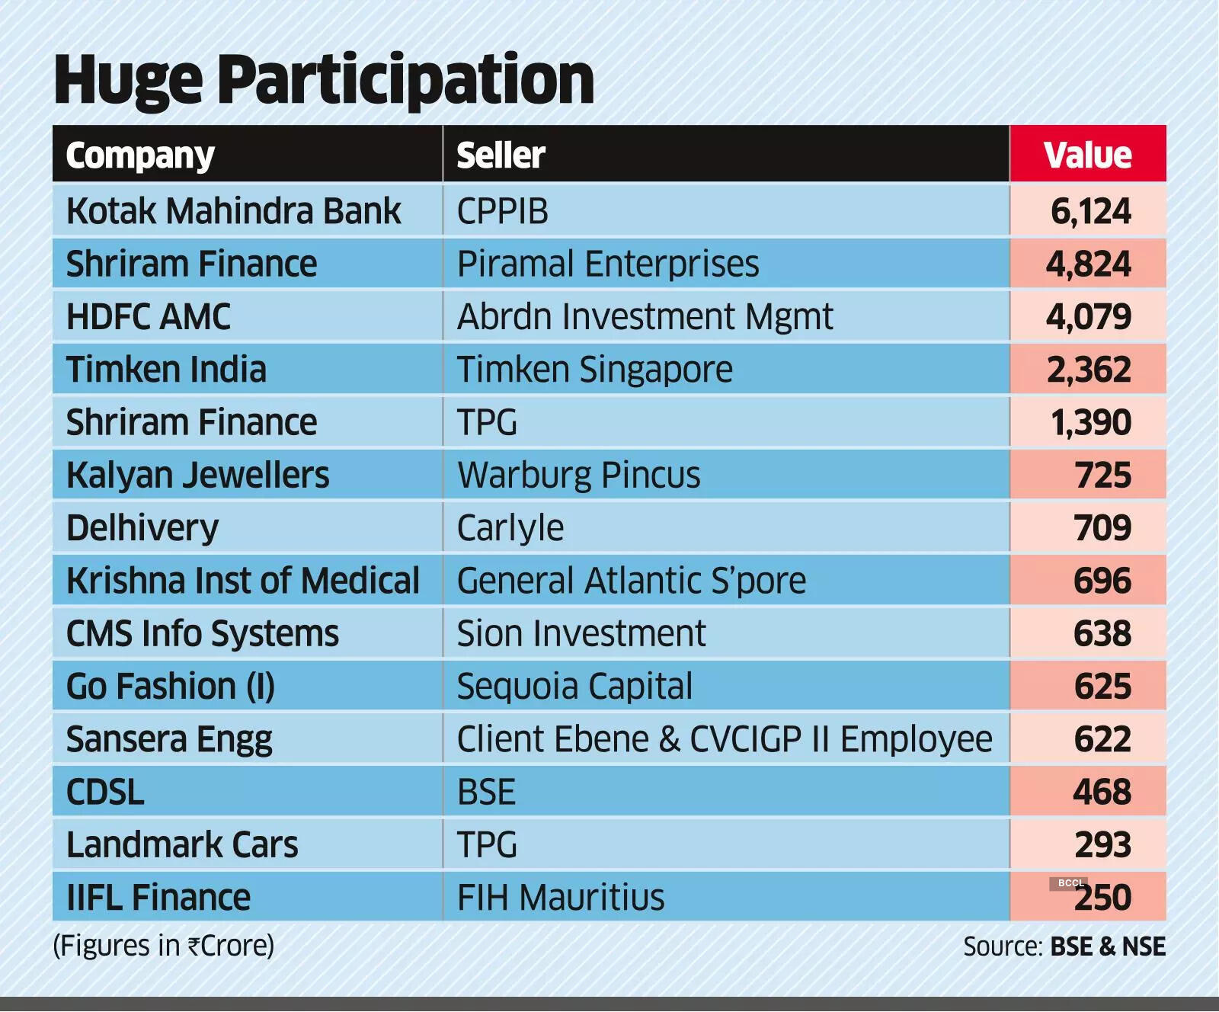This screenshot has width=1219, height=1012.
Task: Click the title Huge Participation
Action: click(324, 79)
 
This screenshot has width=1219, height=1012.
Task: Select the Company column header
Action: click(140, 155)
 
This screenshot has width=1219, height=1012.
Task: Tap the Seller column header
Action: click(501, 155)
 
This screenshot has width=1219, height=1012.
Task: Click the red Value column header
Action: click(1087, 155)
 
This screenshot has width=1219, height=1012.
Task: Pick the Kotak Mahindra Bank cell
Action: click(233, 211)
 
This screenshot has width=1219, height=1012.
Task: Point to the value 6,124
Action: click(1090, 211)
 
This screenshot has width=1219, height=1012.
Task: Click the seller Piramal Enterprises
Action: click(607, 264)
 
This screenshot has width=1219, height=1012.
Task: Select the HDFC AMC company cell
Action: click(149, 317)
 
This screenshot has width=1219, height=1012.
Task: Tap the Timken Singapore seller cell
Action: click(594, 370)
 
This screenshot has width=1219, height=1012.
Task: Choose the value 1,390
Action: click(1090, 422)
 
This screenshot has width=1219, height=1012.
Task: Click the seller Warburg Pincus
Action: click(578, 476)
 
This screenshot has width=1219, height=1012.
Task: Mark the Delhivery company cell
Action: click(142, 528)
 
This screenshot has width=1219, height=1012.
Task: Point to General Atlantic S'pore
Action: click(631, 581)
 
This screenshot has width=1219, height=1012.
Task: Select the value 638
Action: click(1102, 633)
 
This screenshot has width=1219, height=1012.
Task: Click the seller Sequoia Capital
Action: click(574, 687)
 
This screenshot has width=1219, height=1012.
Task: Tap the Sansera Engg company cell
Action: click(169, 739)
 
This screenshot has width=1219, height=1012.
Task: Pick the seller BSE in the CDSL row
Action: click(486, 792)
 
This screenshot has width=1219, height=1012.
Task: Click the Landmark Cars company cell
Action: click(182, 845)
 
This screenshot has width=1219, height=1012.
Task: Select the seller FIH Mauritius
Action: click(560, 898)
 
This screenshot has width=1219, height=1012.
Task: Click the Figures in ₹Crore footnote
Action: click(163, 946)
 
